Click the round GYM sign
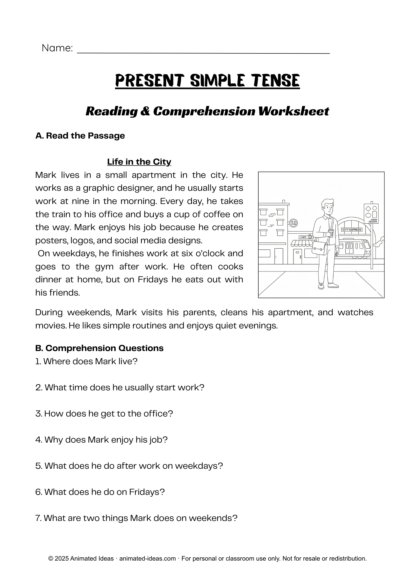click(x=293, y=223)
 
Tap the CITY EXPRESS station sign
click(x=352, y=230)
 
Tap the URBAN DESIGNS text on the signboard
click(x=373, y=221)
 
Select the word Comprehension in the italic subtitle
click(x=204, y=111)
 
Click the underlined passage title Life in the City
click(x=139, y=162)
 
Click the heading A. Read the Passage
click(x=80, y=136)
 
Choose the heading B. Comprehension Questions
click(x=99, y=348)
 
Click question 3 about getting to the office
click(x=104, y=414)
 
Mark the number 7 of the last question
click(x=38, y=518)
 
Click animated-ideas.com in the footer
click(x=147, y=559)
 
